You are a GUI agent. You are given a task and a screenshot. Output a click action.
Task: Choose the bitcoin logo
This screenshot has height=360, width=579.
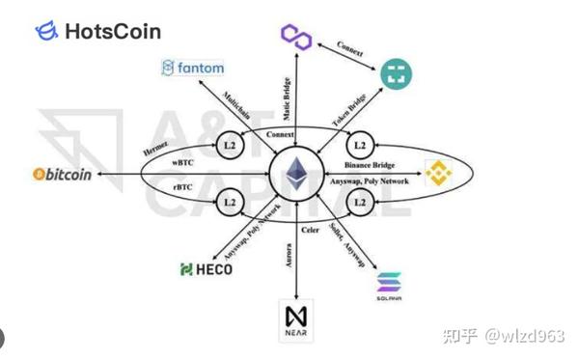tap(62, 175)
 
